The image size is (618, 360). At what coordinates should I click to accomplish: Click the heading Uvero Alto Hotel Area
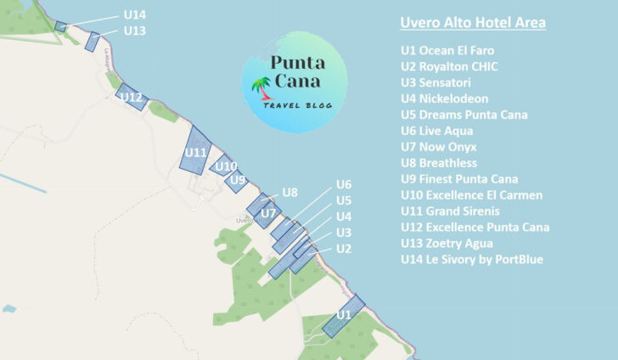(473, 22)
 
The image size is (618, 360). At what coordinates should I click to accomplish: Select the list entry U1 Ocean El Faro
(447, 50)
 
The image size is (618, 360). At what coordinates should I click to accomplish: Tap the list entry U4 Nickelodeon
(445, 98)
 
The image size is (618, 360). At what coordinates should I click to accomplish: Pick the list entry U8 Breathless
(439, 163)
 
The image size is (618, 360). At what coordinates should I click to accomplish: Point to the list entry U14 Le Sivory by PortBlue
(472, 260)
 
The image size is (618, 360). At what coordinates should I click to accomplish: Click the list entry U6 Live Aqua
(437, 131)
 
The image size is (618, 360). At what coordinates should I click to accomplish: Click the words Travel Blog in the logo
(296, 105)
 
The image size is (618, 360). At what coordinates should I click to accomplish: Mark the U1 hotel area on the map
(343, 316)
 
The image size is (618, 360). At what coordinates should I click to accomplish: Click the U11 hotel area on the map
(196, 151)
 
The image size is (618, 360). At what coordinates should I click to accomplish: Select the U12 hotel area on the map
(132, 96)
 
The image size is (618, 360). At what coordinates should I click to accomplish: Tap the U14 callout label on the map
(134, 14)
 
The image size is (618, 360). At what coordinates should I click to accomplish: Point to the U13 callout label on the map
(134, 31)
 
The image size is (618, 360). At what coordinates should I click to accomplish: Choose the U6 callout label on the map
(344, 184)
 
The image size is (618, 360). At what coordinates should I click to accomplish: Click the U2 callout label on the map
(344, 249)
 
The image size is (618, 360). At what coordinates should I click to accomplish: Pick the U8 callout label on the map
(290, 192)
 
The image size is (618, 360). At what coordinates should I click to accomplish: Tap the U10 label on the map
(226, 166)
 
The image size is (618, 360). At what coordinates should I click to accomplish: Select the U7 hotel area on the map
(263, 207)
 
